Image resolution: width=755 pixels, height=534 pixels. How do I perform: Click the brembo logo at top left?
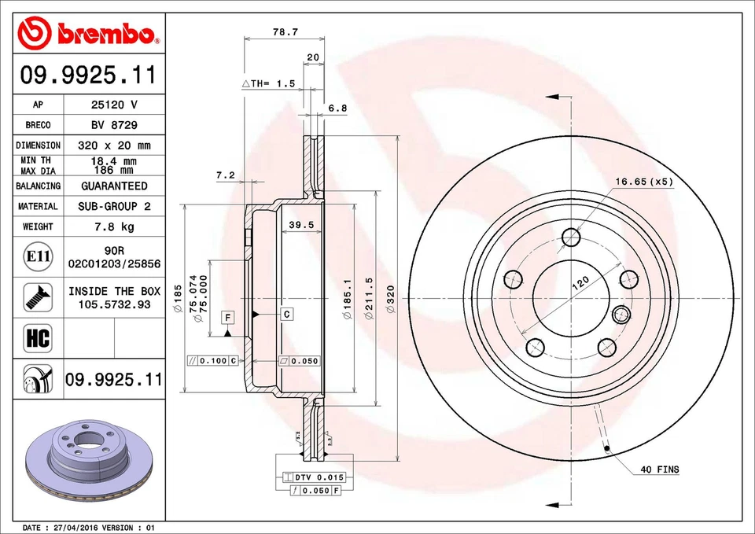tap(88, 32)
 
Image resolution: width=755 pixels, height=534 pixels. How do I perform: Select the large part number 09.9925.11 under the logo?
tap(88, 75)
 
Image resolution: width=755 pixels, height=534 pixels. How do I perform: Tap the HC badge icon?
tap(38, 339)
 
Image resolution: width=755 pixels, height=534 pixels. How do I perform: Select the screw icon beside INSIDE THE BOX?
tap(38, 296)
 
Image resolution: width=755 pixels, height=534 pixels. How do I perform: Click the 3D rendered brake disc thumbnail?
tap(88, 462)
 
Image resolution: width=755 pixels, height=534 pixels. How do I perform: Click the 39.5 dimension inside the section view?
tap(301, 225)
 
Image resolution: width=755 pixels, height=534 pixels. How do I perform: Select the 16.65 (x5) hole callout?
tap(643, 182)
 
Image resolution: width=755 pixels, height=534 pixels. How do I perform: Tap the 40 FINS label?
tap(659, 470)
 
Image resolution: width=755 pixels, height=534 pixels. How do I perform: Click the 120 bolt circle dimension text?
tap(580, 284)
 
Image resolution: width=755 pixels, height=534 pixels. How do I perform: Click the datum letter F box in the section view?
tap(228, 317)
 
